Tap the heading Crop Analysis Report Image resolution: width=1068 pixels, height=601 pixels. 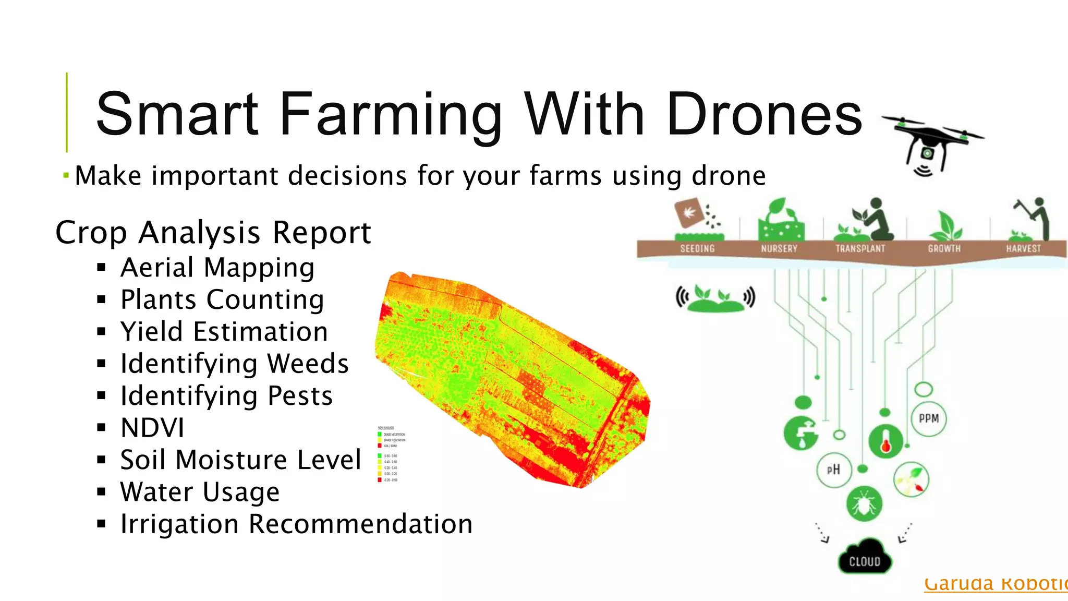pyautogui.click(x=213, y=232)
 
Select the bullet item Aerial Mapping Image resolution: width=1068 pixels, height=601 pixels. pyautogui.click(x=217, y=268)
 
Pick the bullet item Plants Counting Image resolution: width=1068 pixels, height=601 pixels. pyautogui.click(x=222, y=300)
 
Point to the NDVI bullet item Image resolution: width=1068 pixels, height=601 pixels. pyautogui.click(x=152, y=428)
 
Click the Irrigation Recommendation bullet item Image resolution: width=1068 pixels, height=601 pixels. pyautogui.click(x=296, y=524)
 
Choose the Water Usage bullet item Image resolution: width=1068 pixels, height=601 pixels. pyautogui.click(x=200, y=492)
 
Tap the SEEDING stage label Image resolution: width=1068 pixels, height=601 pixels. pyautogui.click(x=697, y=249)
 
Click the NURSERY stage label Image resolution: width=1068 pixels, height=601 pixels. pyautogui.click(x=779, y=249)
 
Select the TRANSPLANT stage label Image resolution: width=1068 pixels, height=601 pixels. pyautogui.click(x=860, y=249)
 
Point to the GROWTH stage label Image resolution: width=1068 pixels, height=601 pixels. pyautogui.click(x=944, y=249)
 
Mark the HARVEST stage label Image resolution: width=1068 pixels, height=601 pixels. pyautogui.click(x=1023, y=249)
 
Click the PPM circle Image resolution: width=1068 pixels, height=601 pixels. pyautogui.click(x=929, y=418)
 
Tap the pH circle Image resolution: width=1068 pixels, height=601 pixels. pyautogui.click(x=834, y=470)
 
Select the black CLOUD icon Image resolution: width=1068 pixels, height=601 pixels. pyautogui.click(x=865, y=559)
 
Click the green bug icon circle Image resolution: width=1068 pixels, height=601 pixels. pyautogui.click(x=864, y=504)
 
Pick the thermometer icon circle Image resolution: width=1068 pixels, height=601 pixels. pyautogui.click(x=885, y=441)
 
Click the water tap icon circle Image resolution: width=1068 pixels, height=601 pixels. pyautogui.click(x=802, y=432)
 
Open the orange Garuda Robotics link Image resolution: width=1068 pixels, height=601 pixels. pyautogui.click(x=995, y=583)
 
